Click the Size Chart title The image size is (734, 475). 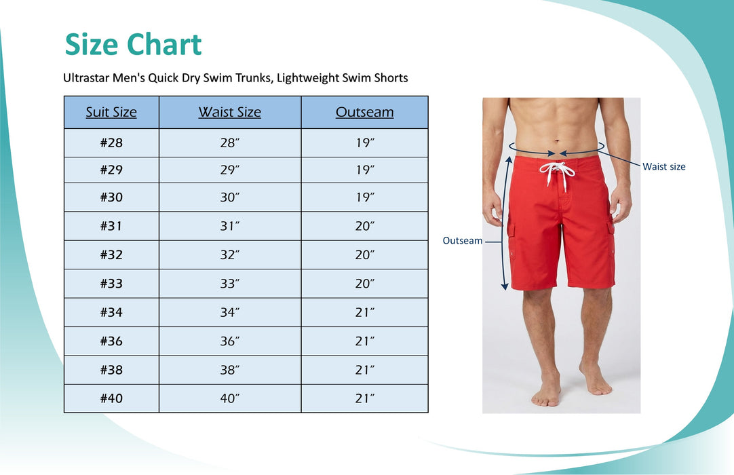(133, 45)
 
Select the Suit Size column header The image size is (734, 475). (111, 112)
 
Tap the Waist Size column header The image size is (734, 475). (230, 112)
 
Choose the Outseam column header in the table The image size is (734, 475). (365, 112)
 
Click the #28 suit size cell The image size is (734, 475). (111, 142)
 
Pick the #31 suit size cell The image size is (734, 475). (111, 226)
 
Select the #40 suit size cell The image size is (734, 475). (111, 398)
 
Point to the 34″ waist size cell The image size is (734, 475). (230, 312)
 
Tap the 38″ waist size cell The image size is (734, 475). (230, 370)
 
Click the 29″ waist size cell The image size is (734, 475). (230, 170)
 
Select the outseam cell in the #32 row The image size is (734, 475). (365, 254)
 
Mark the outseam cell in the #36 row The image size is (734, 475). (365, 341)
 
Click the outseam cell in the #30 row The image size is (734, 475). (365, 197)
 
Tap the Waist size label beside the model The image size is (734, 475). (664, 166)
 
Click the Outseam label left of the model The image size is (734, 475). (463, 240)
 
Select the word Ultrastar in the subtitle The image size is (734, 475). (87, 78)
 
